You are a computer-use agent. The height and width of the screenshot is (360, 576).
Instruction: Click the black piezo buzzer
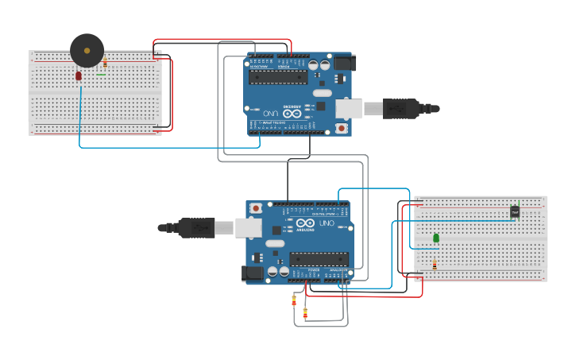click(87, 51)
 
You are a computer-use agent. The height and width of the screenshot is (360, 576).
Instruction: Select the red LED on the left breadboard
click(79, 75)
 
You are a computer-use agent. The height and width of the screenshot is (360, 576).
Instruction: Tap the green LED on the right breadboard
click(436, 238)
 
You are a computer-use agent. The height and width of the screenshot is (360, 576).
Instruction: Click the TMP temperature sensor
click(515, 211)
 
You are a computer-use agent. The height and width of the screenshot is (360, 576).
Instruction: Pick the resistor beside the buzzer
click(105, 62)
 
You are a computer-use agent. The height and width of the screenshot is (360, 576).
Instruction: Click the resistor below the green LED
click(435, 265)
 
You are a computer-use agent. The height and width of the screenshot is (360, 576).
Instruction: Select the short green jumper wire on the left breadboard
click(101, 75)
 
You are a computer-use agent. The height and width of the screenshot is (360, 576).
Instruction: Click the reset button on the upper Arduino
click(341, 128)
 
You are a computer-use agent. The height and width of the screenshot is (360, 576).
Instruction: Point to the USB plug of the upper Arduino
click(401, 109)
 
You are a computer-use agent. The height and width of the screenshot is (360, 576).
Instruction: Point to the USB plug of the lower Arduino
click(195, 228)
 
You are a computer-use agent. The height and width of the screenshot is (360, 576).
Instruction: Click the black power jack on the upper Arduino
click(344, 63)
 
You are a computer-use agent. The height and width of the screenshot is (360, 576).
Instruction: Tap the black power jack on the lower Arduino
click(253, 273)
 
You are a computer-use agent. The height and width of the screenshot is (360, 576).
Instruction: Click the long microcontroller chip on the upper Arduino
click(278, 77)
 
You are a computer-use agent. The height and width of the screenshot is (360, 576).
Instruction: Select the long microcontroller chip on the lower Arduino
click(319, 259)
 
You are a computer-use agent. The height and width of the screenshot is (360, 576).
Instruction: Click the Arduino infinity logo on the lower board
click(306, 223)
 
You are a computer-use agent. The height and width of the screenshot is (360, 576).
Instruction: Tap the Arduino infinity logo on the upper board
click(292, 114)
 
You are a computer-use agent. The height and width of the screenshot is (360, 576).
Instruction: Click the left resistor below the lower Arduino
click(294, 300)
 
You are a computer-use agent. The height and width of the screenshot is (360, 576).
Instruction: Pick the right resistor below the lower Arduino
click(305, 312)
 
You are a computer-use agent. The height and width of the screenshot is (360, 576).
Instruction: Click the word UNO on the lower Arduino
click(327, 223)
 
